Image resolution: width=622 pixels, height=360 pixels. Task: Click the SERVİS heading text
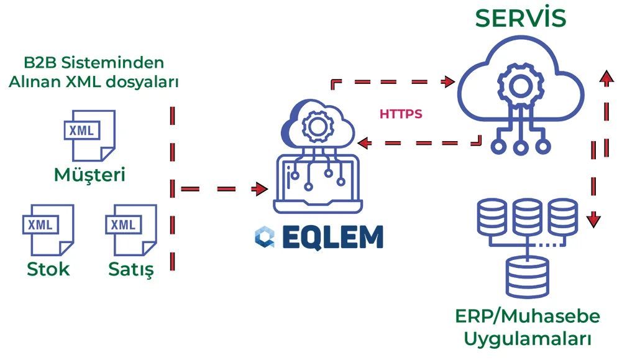click(521, 18)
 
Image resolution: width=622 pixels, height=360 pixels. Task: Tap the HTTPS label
click(401, 114)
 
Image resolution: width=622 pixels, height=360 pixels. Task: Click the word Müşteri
click(89, 175)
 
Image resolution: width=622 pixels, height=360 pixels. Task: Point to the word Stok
click(48, 269)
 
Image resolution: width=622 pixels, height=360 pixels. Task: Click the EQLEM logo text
click(333, 238)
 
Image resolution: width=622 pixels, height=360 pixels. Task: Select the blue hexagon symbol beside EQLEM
click(263, 238)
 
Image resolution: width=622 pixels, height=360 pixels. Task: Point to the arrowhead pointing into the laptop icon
click(260, 188)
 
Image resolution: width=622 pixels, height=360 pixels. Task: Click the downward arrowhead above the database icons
click(595, 219)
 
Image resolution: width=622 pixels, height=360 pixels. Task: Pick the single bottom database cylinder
click(527, 275)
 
